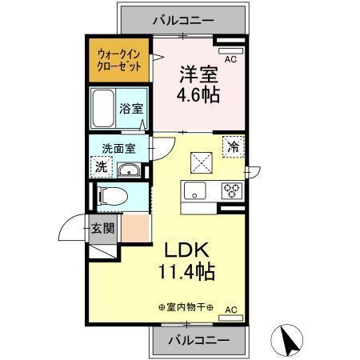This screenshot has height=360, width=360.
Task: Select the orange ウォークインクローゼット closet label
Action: (119, 61)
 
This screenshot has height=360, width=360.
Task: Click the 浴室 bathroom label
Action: (131, 107)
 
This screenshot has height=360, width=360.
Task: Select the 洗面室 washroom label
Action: (118, 148)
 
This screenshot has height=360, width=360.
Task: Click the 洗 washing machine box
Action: (102, 166)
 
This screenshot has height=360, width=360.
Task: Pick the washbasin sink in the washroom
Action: (129, 170)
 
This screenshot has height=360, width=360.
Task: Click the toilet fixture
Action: (112, 194)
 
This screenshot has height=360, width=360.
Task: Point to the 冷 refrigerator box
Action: (234, 147)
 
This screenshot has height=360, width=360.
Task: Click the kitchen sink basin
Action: (194, 190)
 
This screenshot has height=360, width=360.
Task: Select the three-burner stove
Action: (231, 190)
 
